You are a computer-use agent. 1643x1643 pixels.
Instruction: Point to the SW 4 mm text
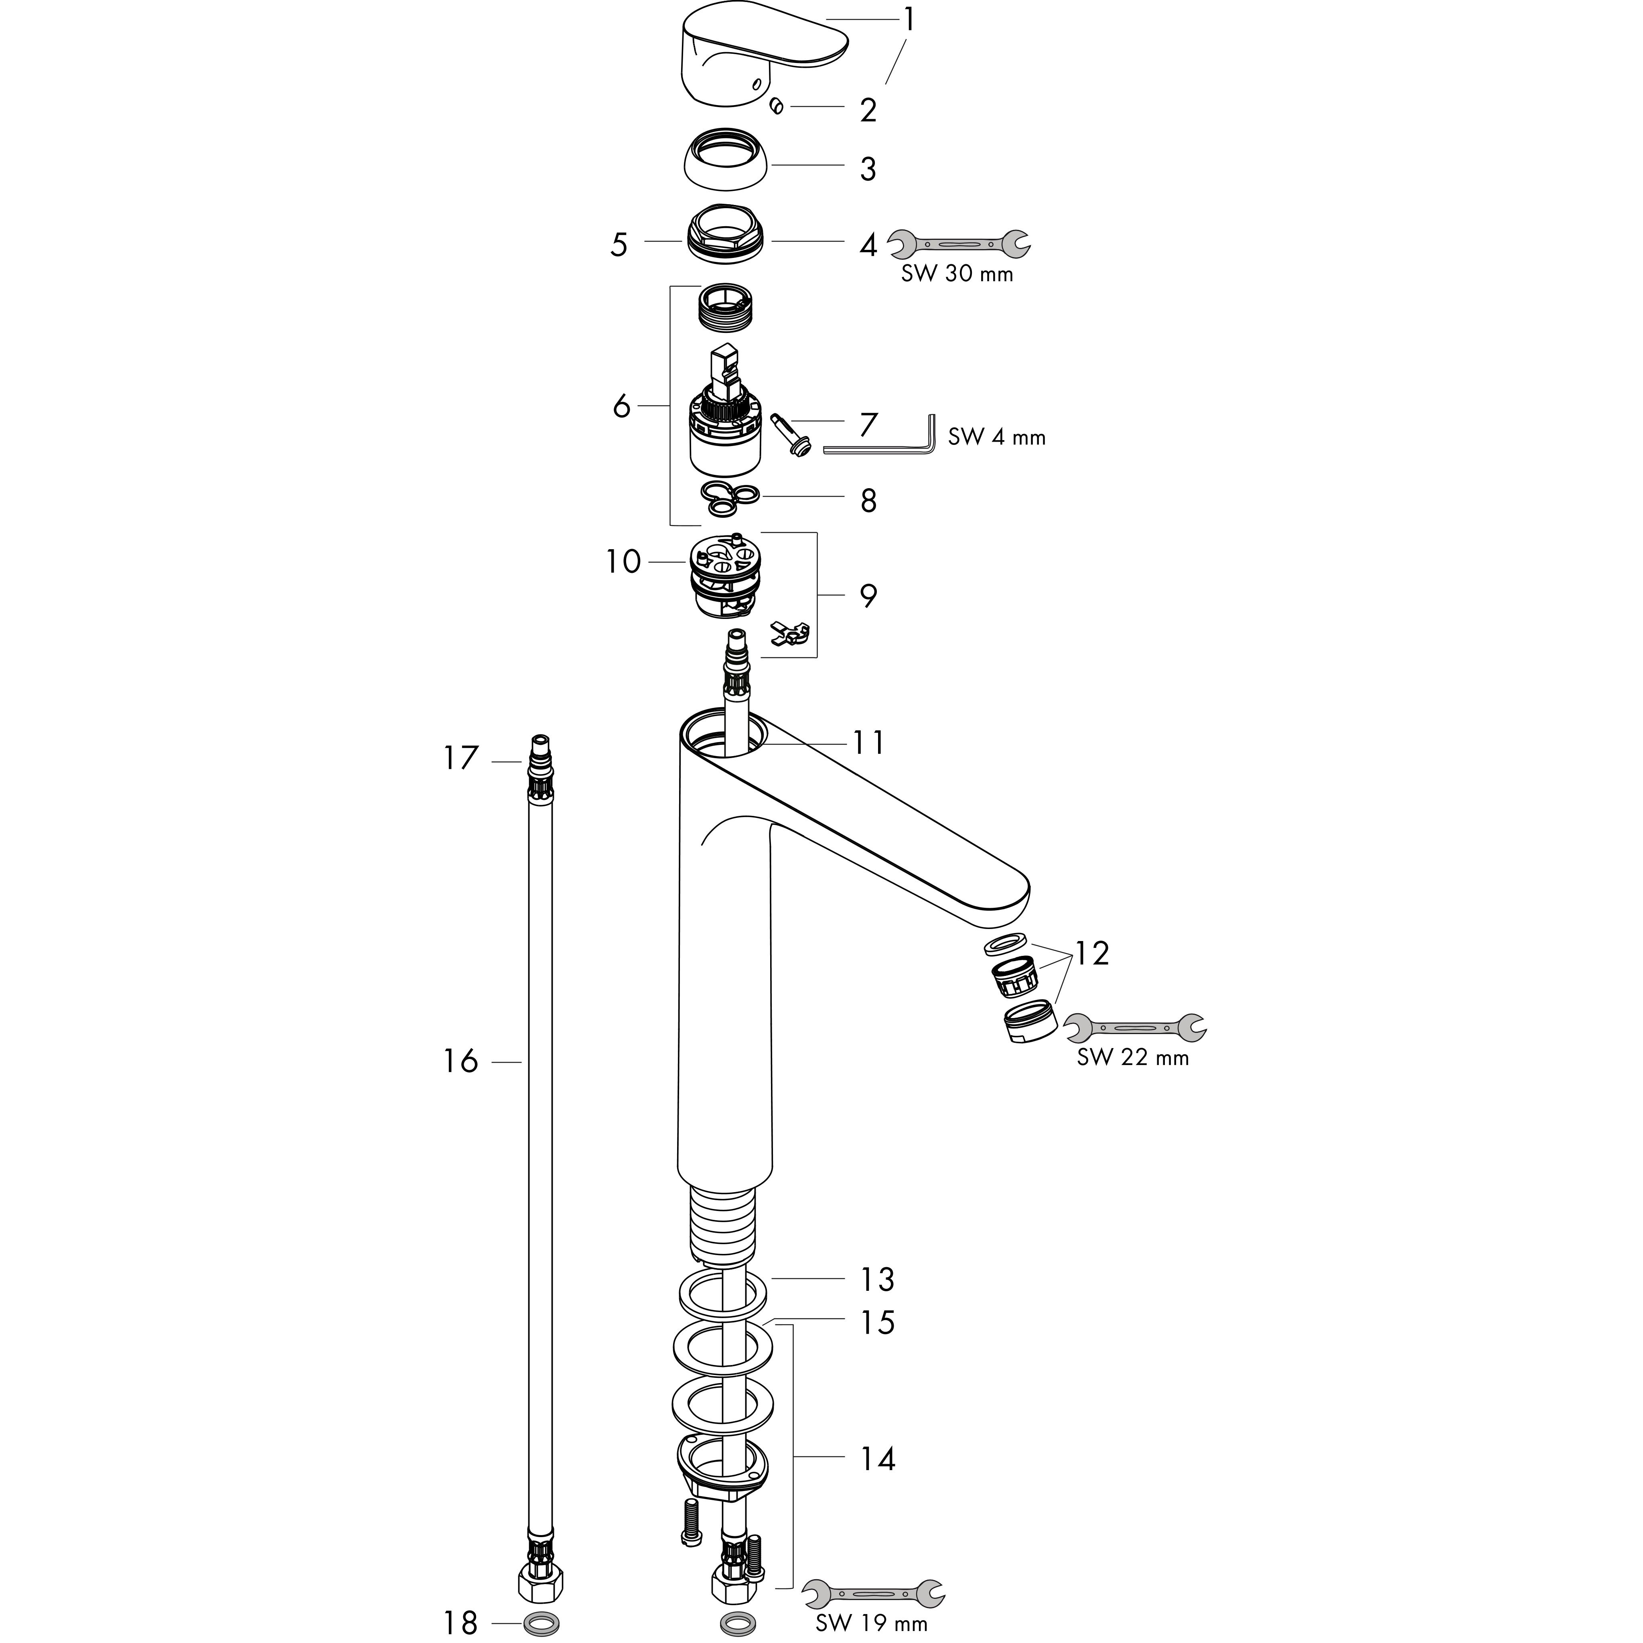(x=997, y=437)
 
